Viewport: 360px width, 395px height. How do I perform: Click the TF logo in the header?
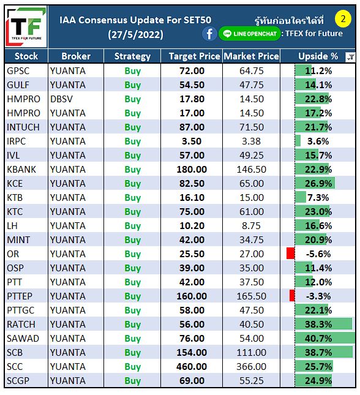click(x=26, y=26)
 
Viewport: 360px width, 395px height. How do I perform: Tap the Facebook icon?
click(x=209, y=34)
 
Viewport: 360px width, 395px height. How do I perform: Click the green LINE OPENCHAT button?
click(x=249, y=34)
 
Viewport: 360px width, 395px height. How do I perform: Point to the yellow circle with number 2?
click(x=343, y=18)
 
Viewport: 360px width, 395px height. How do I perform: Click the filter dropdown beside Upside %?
click(x=350, y=57)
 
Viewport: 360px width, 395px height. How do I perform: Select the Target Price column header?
click(x=194, y=56)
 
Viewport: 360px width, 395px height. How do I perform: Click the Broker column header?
click(x=76, y=56)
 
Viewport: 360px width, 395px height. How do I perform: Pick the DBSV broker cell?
click(x=61, y=99)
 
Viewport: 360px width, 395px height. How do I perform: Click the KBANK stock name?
click(x=21, y=170)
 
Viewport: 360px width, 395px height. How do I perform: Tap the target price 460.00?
click(x=192, y=367)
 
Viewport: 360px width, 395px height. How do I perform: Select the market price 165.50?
click(x=252, y=296)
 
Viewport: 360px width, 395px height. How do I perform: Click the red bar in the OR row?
click(x=290, y=253)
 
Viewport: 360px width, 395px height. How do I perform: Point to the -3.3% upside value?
click(x=318, y=296)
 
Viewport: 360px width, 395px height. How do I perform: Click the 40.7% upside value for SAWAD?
click(x=318, y=338)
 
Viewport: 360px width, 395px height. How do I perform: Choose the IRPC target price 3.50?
click(x=192, y=141)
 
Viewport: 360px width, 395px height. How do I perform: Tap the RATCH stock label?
click(x=21, y=325)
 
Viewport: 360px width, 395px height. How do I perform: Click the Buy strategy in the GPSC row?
click(x=132, y=71)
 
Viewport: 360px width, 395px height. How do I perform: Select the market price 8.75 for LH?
click(x=251, y=226)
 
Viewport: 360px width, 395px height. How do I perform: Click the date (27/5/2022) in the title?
click(x=135, y=34)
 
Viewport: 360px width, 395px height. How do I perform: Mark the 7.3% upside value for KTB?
click(x=318, y=198)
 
